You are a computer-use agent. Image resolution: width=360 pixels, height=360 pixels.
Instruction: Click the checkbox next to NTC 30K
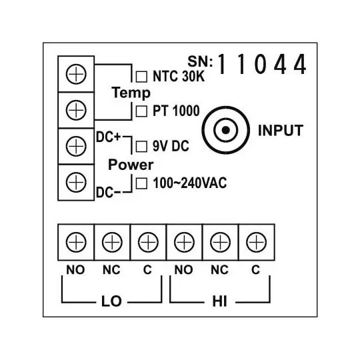click(141, 76)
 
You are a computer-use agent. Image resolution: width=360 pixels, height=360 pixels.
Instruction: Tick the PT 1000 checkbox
click(141, 111)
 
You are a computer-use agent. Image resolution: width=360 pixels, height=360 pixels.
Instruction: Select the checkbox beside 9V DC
click(141, 145)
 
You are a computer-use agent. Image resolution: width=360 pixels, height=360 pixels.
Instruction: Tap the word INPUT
click(280, 130)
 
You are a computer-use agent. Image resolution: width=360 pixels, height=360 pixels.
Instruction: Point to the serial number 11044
click(262, 65)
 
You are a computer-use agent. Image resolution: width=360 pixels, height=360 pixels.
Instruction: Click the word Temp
click(131, 93)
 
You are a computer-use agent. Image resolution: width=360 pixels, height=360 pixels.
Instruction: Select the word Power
click(131, 164)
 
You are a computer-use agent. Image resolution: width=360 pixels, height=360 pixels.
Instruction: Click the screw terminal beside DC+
click(77, 144)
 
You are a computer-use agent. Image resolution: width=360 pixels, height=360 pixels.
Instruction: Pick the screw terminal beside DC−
click(77, 180)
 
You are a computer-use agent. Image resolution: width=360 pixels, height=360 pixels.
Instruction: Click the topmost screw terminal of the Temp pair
click(77, 73)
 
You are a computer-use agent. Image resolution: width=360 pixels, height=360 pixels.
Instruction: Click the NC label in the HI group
click(219, 270)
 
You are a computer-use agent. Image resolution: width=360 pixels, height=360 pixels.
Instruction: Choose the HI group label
click(219, 301)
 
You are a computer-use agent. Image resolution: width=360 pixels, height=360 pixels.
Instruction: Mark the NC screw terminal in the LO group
click(112, 241)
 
